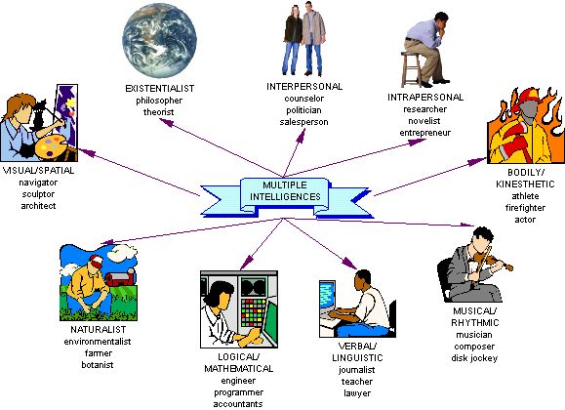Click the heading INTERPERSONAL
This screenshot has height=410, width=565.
coord(304,86)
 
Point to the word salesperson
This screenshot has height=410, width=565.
coord(303,123)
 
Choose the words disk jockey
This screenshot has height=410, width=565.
coord(474,358)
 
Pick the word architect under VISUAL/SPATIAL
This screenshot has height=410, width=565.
coord(40,206)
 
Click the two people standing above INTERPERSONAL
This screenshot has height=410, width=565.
coord(304,40)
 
